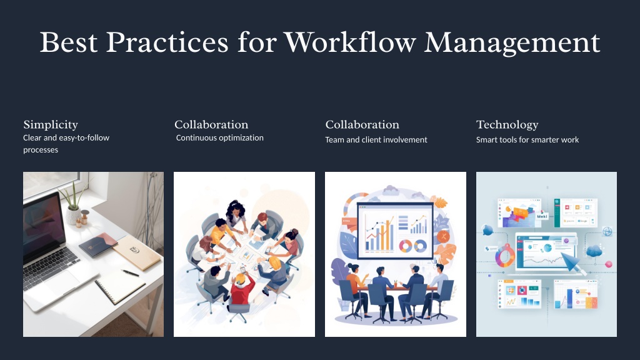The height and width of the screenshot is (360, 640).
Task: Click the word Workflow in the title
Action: click(350, 42)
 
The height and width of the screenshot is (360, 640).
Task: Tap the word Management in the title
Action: click(512, 43)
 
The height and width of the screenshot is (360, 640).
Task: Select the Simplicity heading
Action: click(51, 125)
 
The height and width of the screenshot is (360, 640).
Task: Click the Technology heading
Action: click(507, 125)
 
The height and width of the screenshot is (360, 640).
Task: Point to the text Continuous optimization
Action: click(219, 138)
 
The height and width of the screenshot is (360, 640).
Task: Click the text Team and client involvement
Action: click(376, 139)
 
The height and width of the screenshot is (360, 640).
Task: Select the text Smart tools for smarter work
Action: click(527, 139)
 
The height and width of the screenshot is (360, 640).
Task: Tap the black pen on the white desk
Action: click(130, 272)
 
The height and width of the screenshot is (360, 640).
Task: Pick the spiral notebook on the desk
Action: click(119, 287)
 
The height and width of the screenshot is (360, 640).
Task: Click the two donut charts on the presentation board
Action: click(412, 246)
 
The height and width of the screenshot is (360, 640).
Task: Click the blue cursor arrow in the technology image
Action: click(571, 262)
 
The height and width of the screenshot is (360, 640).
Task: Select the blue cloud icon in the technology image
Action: click(594, 251)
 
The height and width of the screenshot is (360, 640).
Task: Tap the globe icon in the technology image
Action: click(607, 231)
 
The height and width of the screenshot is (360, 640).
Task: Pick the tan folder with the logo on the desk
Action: click(137, 252)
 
